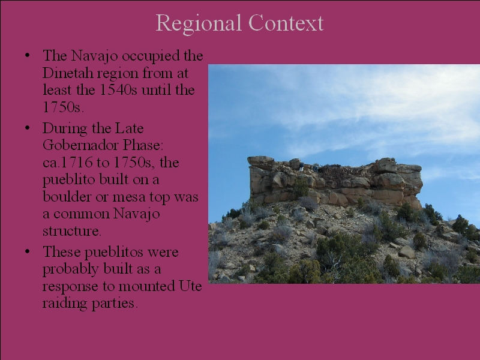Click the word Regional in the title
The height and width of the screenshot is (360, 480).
pos(199,23)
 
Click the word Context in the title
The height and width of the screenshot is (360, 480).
pos(286,23)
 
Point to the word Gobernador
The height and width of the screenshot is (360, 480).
pos(81,145)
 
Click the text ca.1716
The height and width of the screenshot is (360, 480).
pos(68,162)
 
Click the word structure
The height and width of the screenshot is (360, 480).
pos(71,231)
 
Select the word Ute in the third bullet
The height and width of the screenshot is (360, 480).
pos(190,286)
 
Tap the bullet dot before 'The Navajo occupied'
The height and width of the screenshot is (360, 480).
pos(28,55)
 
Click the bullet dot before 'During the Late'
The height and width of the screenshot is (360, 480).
pos(28,128)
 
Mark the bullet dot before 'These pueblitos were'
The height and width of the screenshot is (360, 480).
pos(28,251)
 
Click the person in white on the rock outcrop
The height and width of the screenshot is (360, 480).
pos(301,167)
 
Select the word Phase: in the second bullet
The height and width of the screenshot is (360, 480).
pos(143,145)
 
